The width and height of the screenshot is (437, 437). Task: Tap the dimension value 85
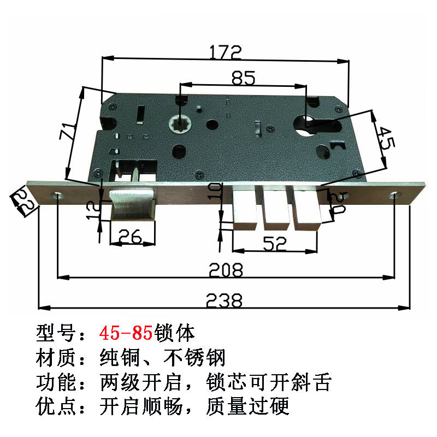coord(243,78)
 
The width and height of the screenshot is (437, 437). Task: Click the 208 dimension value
coord(226,269)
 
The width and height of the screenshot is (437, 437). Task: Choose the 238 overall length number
coord(224,300)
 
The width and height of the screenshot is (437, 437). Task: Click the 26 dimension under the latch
coord(131,235)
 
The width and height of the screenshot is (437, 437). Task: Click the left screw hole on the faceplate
coord(58,195)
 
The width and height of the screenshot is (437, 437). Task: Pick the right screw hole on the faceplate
coord(394,195)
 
